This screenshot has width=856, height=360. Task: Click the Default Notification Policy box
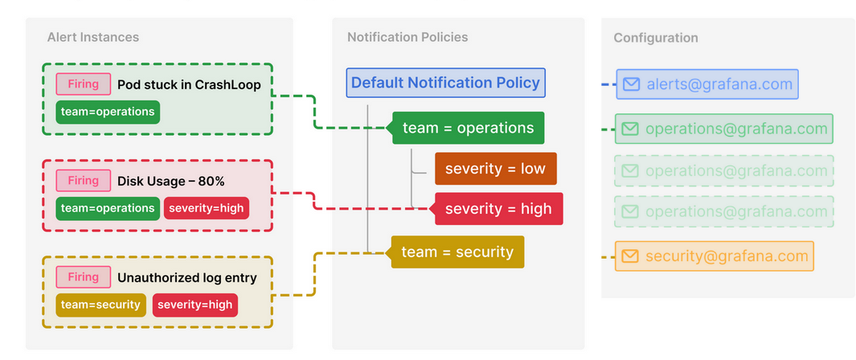(x=446, y=83)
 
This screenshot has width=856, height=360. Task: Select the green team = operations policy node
(x=468, y=128)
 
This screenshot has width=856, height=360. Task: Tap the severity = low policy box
(x=495, y=169)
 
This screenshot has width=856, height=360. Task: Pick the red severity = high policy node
(x=498, y=209)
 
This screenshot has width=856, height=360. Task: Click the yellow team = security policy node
(x=457, y=252)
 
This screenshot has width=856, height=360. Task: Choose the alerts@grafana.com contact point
(x=707, y=84)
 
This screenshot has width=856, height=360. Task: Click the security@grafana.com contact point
(x=715, y=256)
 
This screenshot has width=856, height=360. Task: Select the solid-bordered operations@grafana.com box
(x=724, y=129)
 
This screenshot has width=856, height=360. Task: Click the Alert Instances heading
(x=93, y=37)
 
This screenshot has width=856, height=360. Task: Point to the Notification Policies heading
(x=408, y=37)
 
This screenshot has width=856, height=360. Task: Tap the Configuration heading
(x=656, y=38)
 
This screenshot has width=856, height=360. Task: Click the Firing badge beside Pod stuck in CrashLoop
(x=83, y=84)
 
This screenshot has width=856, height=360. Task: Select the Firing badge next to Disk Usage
(x=83, y=181)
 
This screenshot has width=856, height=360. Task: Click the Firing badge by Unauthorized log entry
(x=83, y=277)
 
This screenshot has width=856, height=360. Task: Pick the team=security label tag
(x=101, y=305)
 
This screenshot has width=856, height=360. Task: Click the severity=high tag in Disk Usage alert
(x=207, y=208)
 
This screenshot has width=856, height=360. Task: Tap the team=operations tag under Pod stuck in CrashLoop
(x=108, y=112)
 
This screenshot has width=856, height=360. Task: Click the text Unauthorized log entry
(x=187, y=278)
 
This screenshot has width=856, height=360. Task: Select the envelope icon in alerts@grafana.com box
(x=632, y=84)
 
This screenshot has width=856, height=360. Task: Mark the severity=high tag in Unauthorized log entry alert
(x=195, y=305)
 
